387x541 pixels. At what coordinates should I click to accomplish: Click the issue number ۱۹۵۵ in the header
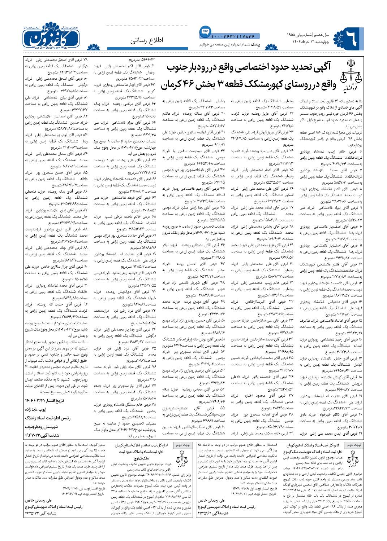(x=292, y=35)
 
